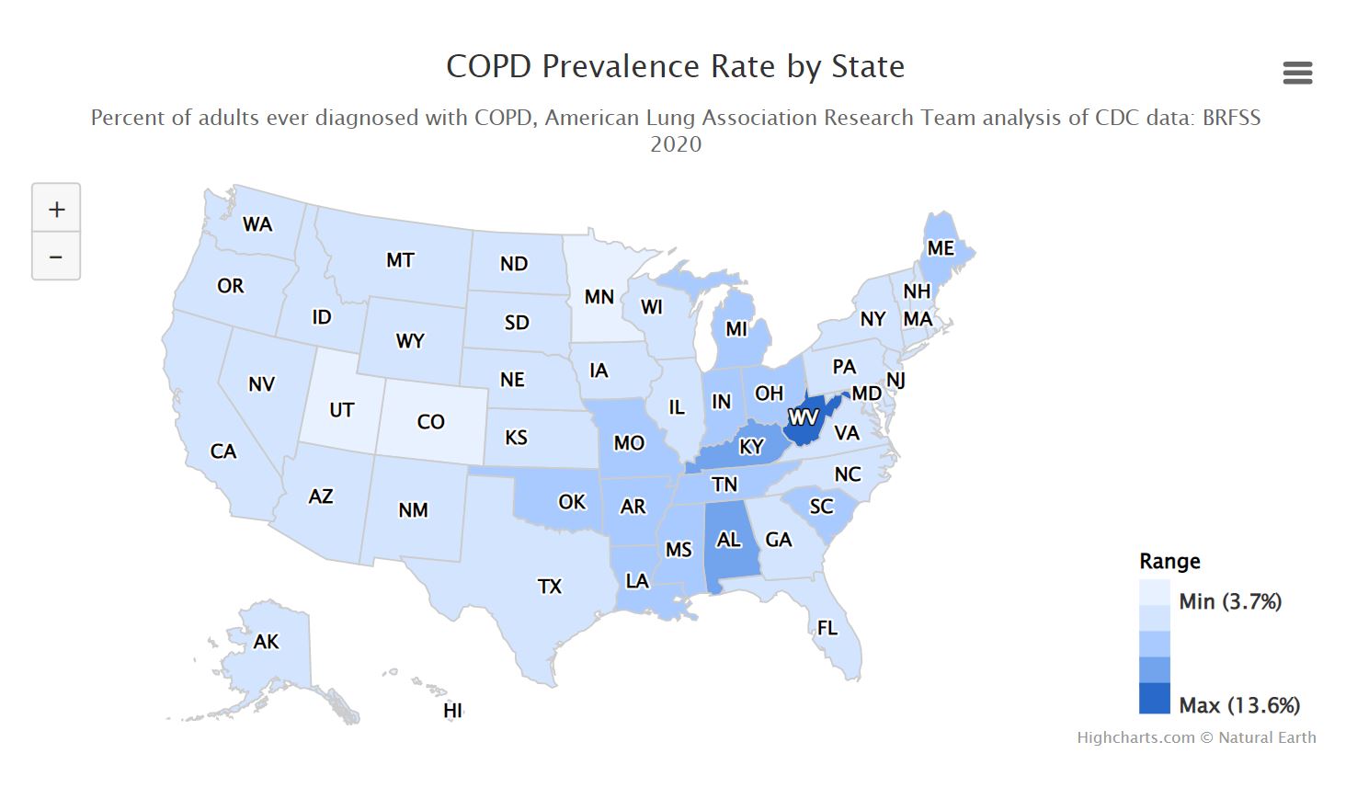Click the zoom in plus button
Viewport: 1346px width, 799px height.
56,209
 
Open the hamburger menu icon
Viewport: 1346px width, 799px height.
1297,73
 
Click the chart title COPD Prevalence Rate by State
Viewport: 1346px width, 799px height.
675,66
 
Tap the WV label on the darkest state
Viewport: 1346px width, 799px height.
804,417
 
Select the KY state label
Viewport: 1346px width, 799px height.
751,447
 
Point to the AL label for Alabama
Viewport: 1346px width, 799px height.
728,540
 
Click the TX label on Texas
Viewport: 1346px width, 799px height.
549,586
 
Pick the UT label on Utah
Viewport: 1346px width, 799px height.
341,410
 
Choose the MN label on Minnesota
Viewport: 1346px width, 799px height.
599,297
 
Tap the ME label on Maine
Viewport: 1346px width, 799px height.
940,248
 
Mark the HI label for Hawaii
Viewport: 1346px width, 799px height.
452,711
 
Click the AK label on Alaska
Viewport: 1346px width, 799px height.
266,642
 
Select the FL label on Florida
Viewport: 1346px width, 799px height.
827,628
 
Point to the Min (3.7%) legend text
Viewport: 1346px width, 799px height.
1229,601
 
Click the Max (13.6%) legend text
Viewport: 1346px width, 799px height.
1238,705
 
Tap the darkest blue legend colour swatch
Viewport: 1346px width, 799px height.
1154,698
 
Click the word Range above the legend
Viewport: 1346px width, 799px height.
1169,561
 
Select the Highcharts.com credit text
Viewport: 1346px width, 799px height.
1135,737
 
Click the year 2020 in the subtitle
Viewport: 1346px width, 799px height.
675,144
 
